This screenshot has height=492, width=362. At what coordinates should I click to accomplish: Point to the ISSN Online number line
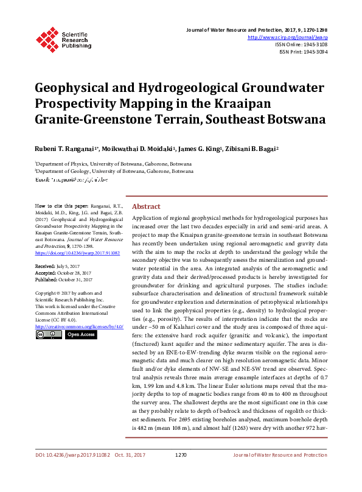point(301,44)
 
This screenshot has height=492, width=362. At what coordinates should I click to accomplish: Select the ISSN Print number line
point(303,52)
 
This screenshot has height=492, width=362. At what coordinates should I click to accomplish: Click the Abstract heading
point(147,206)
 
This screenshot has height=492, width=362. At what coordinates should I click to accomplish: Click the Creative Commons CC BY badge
point(49,334)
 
